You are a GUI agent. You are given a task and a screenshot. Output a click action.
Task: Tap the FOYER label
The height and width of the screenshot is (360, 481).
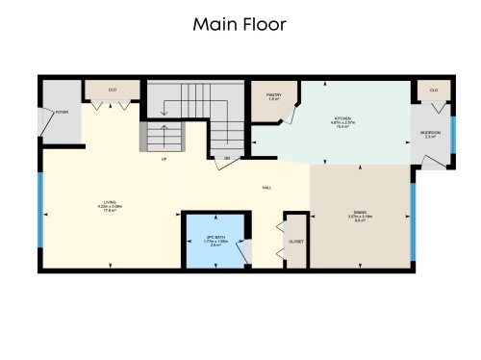62,113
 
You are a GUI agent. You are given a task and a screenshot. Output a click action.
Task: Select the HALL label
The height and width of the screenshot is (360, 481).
266,188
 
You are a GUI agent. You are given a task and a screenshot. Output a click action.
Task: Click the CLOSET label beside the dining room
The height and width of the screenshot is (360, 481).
296,241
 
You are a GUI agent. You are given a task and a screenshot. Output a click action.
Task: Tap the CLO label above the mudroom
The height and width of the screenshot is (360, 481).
434,90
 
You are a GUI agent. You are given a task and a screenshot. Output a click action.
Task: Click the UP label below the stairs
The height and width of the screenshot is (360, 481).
165,158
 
